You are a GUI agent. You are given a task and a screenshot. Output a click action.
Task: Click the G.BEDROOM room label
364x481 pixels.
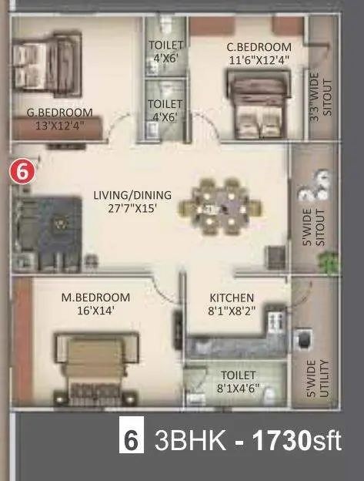click(60, 113)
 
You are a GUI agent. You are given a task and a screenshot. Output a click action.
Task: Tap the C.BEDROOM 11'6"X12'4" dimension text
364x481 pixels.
click(259, 60)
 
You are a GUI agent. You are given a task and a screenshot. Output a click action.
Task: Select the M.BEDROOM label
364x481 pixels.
click(95, 298)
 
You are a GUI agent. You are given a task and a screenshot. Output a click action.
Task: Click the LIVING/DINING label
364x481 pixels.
click(132, 195)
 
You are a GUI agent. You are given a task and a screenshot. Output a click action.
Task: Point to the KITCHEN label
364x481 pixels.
click(232, 298)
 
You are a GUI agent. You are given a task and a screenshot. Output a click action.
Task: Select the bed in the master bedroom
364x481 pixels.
click(96, 368)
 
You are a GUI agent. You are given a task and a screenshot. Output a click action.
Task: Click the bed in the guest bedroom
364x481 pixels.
click(46, 64)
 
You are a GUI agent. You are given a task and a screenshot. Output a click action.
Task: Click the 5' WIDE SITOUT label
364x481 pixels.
click(315, 227)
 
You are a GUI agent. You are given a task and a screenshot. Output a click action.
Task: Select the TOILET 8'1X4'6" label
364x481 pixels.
click(238, 382)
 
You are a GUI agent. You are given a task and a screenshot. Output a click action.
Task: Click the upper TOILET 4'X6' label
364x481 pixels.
click(166, 51)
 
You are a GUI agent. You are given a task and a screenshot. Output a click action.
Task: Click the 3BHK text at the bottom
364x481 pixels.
click(190, 440)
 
